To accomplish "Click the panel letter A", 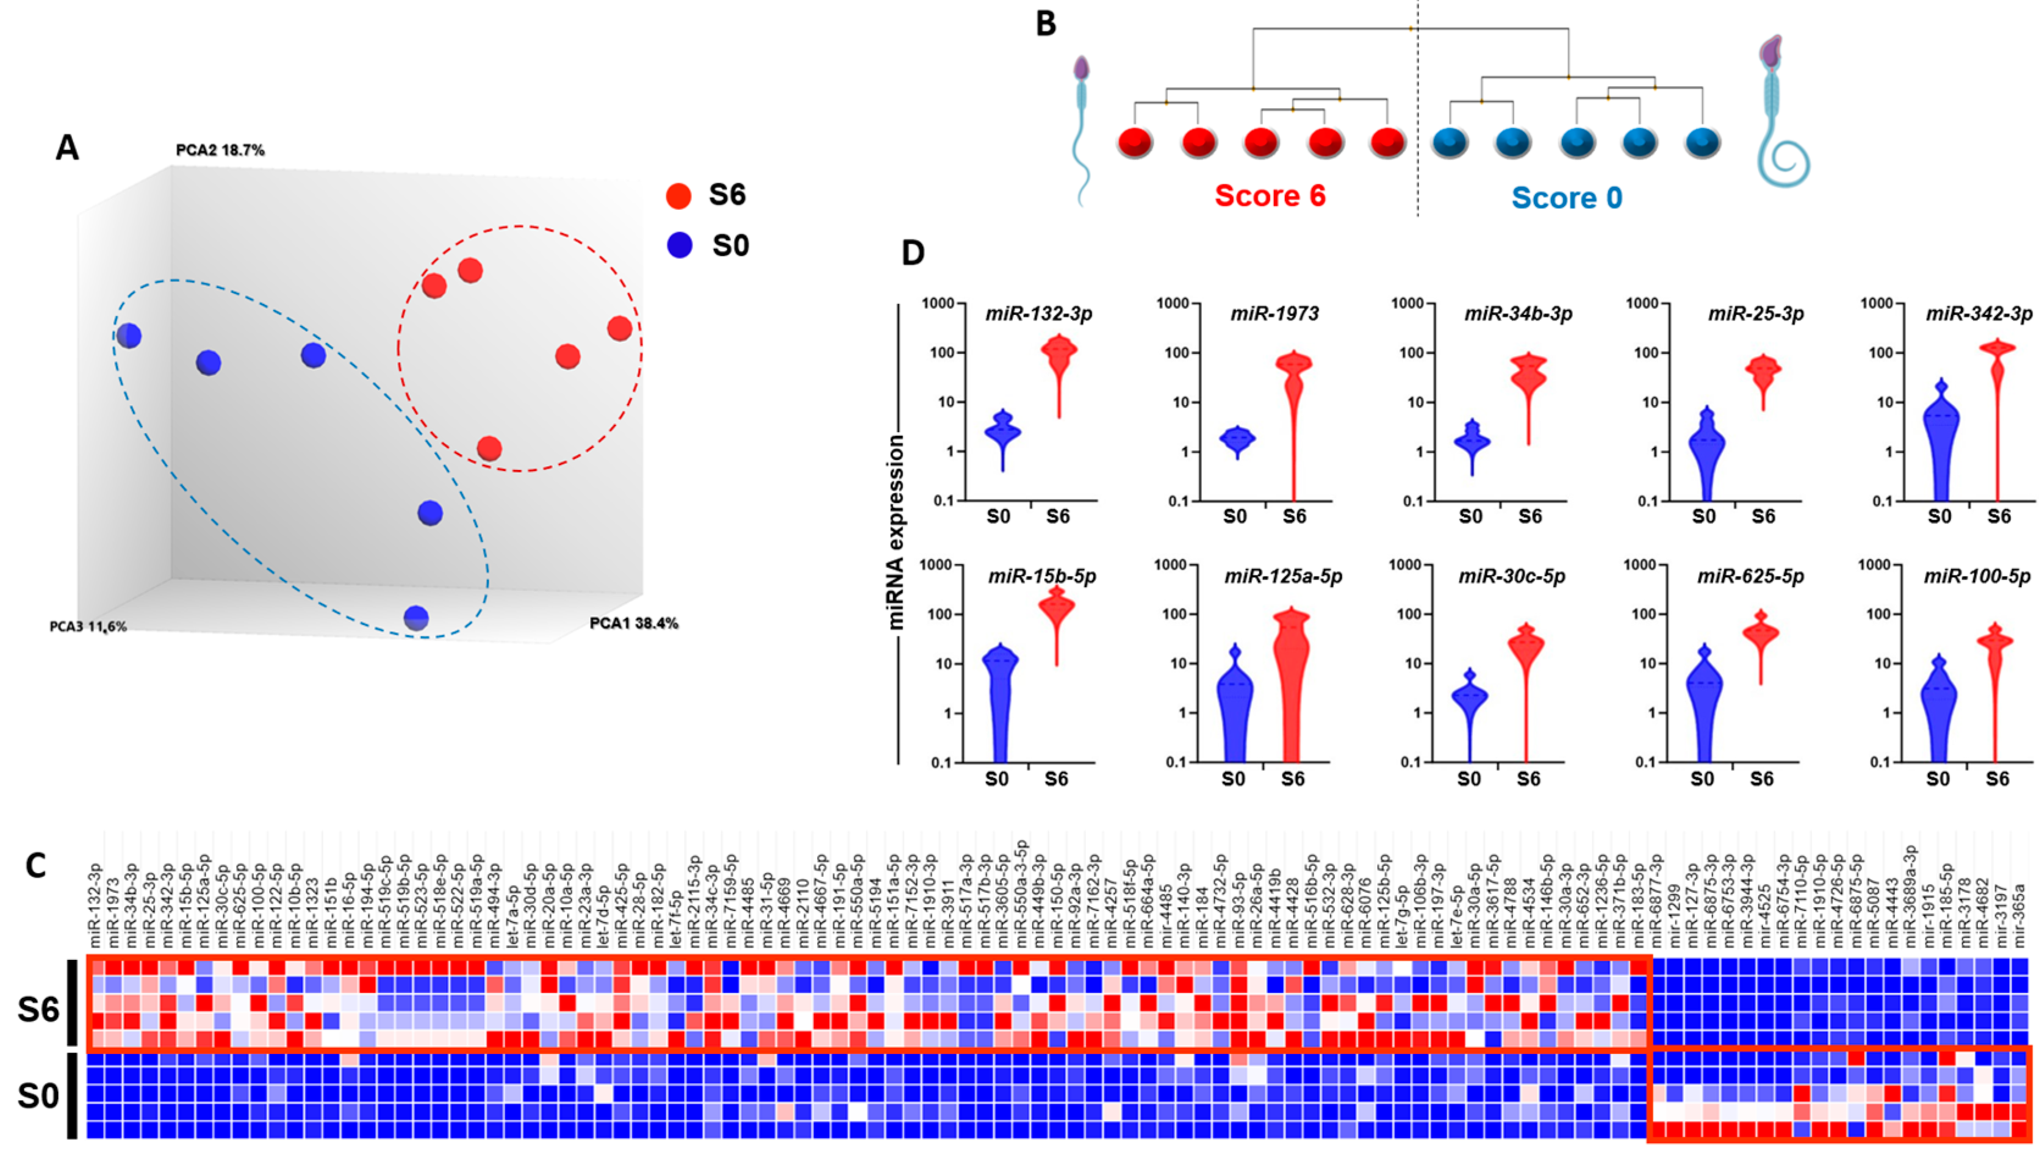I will [x=67, y=148].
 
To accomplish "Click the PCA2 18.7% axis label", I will [x=220, y=150].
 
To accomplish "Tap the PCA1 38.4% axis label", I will [x=634, y=624].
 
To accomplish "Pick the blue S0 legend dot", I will [x=680, y=246].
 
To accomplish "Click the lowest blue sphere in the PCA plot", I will [x=416, y=618].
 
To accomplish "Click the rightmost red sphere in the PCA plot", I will [x=619, y=328].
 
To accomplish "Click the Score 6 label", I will [x=1270, y=196].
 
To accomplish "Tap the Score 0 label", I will [x=1566, y=197].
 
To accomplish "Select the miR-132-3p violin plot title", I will [x=1038, y=314].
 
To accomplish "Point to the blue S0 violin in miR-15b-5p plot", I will [x=999, y=690].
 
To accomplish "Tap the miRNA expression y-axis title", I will [x=896, y=533].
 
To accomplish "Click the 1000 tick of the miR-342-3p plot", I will [x=1878, y=303].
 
